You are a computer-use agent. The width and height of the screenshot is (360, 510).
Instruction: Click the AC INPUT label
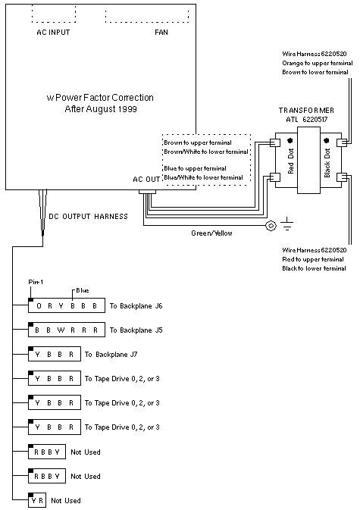53,32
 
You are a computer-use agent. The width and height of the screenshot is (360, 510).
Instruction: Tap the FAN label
161,32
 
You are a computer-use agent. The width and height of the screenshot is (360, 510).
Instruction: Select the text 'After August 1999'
101,109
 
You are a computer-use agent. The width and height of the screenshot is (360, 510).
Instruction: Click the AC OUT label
146,179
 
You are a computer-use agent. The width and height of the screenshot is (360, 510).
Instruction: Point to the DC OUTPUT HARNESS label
88,217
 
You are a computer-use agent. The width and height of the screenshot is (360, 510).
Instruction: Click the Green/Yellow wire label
211,233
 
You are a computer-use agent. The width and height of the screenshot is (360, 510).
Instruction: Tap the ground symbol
286,224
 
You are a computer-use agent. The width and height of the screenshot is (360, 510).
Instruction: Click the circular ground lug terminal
271,225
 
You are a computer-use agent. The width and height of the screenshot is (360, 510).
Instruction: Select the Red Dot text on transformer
291,161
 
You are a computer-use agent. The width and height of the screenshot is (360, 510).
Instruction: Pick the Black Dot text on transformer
327,163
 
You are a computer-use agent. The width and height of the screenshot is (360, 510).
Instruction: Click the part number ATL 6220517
307,120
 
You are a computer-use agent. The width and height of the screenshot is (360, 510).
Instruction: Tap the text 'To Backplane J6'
136,306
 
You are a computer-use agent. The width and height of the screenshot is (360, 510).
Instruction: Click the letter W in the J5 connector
61,330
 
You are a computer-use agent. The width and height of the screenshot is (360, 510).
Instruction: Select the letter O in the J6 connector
39,305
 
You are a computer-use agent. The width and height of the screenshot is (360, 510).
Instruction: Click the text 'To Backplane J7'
111,355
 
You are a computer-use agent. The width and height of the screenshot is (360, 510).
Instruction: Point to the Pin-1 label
36,282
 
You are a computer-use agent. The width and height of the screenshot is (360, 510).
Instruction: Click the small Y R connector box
37,501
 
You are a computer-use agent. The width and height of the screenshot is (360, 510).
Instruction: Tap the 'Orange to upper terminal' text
318,63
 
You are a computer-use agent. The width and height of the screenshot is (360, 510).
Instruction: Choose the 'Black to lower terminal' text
314,268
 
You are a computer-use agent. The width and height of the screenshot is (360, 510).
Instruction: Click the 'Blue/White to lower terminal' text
204,177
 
